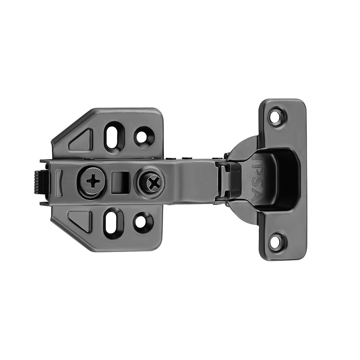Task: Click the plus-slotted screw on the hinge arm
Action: [x=93, y=181]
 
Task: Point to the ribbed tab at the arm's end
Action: [x=41, y=182]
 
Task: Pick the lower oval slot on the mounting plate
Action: [x=113, y=223]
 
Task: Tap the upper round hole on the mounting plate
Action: [x=143, y=136]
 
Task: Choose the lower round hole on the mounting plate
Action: [x=143, y=222]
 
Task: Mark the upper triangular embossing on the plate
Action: [x=82, y=140]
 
